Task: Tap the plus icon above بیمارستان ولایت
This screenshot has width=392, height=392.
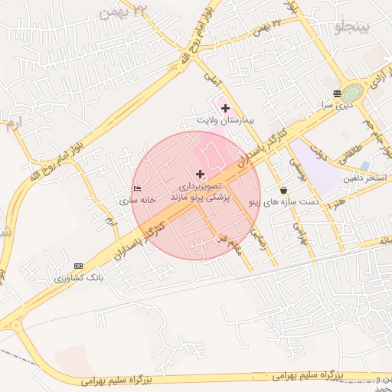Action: tap(225, 109)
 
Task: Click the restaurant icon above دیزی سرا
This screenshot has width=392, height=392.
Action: tap(338, 95)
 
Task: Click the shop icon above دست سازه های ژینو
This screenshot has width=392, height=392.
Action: tap(284, 191)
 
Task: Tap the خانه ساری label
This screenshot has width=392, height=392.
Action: tap(137, 200)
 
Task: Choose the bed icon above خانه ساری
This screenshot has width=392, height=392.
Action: tap(137, 188)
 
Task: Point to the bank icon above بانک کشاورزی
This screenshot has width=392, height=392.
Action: tap(77, 266)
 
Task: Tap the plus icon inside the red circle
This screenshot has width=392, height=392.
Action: tap(201, 175)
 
